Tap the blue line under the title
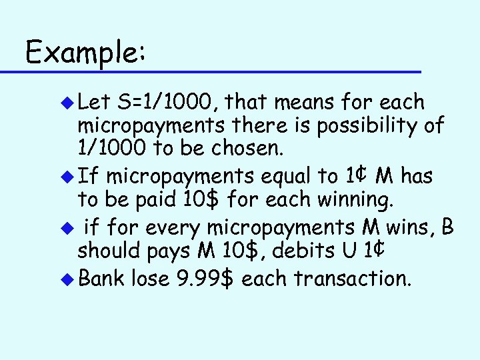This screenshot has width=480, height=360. (219, 71)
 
